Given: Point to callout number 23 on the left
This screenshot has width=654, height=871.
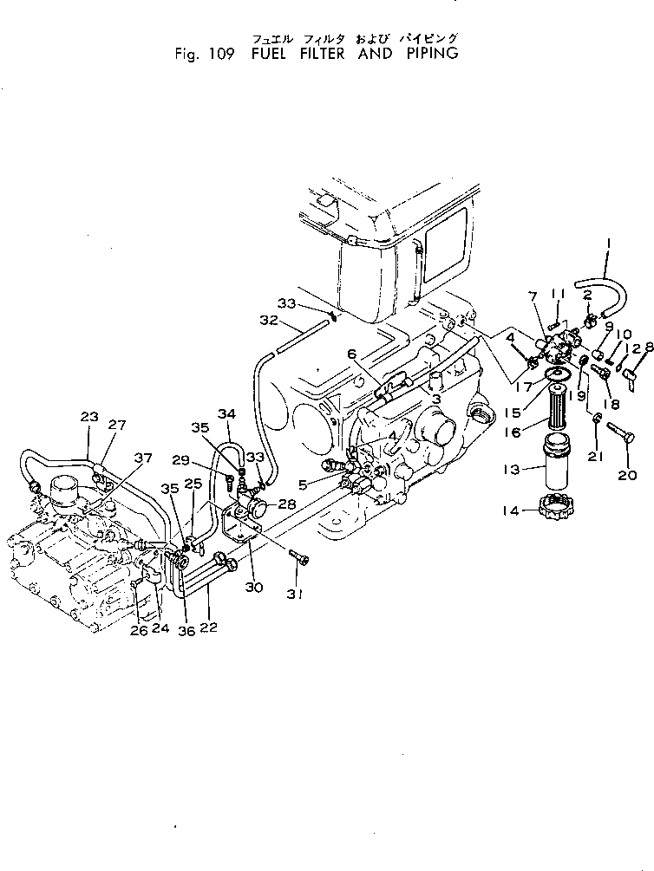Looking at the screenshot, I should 89,417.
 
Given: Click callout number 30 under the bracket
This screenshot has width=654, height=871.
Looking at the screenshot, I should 253,586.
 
